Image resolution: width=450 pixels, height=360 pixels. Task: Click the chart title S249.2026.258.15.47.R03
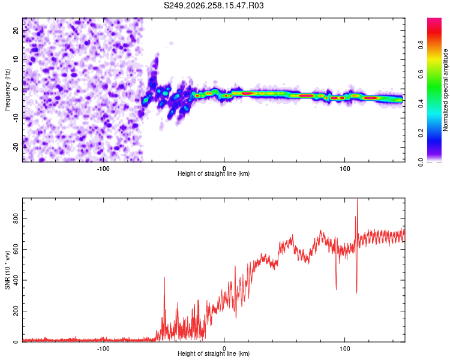tap(214, 5)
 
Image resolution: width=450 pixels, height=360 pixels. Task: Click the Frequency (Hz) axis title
tap(7, 90)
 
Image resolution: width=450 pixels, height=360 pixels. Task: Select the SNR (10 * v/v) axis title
tap(7, 270)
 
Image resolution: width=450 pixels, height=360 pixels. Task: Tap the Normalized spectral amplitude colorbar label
tap(445, 90)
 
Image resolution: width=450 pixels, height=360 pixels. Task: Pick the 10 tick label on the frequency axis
tap(16, 59)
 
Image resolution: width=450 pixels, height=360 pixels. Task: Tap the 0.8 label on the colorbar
tap(421, 45)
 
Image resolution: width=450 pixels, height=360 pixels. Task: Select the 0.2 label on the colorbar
tap(421, 133)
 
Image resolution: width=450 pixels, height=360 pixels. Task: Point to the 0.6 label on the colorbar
tap(421, 74)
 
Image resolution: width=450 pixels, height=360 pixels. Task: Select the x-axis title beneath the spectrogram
tap(214, 173)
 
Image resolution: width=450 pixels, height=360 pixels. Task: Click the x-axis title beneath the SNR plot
tap(214, 353)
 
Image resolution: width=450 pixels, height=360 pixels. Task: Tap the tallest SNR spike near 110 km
tap(358, 199)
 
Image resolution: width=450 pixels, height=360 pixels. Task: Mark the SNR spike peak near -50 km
tap(164, 277)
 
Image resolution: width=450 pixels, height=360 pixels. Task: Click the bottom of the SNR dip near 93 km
tap(336, 289)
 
